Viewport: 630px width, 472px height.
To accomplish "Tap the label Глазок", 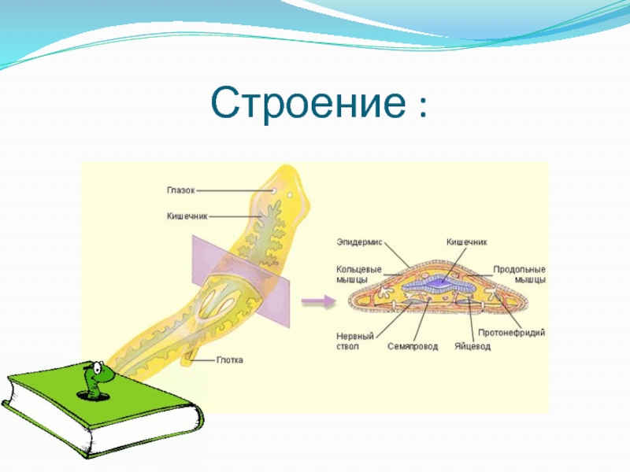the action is click(180, 189).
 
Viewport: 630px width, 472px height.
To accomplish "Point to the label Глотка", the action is click(229, 360).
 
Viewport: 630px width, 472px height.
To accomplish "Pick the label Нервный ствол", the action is click(354, 341).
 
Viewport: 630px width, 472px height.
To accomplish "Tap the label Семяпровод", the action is click(413, 346).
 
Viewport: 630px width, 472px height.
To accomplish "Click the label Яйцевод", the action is click(472, 346).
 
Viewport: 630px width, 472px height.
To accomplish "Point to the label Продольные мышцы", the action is click(520, 274).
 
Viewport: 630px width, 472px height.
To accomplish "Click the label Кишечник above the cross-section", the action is click(466, 242).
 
